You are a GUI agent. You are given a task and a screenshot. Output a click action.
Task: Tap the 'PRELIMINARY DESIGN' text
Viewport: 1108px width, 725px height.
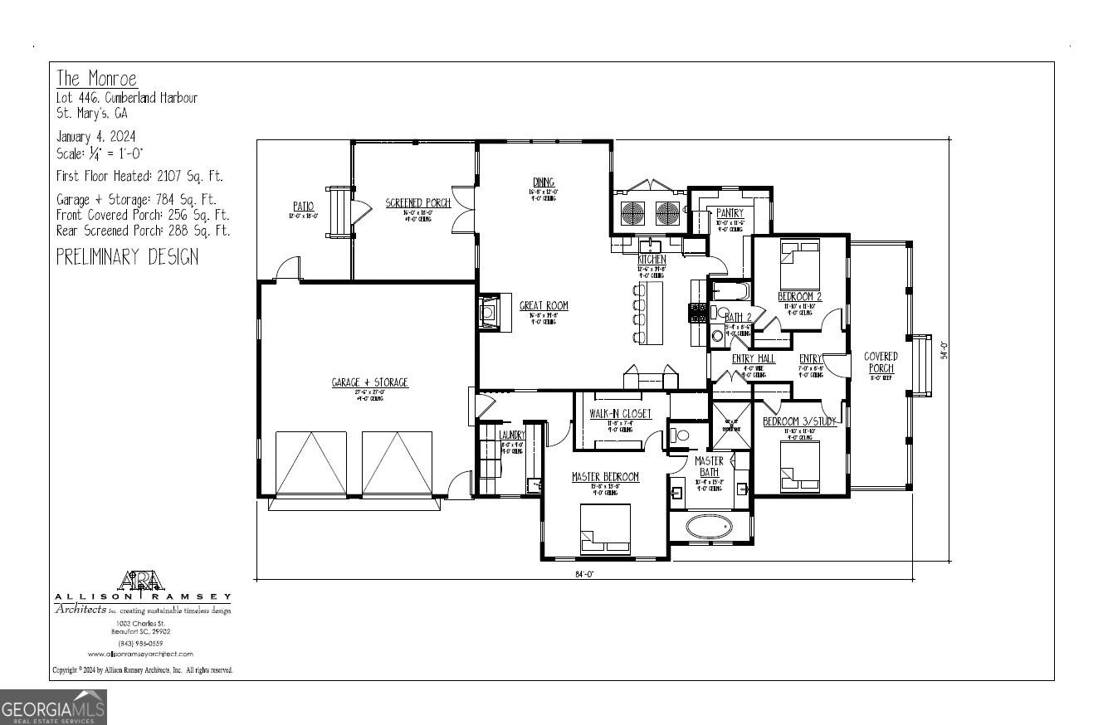point(127,256)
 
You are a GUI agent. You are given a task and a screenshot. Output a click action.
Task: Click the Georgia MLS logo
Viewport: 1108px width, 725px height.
point(53,708)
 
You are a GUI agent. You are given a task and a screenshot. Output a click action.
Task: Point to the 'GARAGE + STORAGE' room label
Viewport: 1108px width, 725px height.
point(369,382)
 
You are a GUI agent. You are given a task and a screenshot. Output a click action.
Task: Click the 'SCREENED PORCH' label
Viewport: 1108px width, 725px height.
point(417,203)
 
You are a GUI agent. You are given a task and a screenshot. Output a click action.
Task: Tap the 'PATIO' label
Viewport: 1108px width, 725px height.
point(303,206)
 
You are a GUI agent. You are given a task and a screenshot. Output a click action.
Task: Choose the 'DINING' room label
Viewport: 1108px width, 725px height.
point(544,182)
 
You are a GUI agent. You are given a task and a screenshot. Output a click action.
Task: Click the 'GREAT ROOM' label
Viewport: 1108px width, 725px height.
point(544,306)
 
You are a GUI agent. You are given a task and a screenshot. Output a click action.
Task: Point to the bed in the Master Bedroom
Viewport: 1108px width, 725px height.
point(604,528)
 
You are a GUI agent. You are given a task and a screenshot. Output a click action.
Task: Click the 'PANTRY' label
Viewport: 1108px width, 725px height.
point(730,213)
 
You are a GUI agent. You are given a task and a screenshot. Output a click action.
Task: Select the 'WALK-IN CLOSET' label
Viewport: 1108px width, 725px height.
point(620,414)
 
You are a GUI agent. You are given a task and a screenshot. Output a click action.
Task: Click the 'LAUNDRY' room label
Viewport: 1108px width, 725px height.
point(512,435)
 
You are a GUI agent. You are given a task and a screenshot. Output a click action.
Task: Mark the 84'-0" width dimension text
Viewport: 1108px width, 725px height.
point(583,573)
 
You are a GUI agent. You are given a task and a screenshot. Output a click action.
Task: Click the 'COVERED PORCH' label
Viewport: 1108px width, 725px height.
point(881,362)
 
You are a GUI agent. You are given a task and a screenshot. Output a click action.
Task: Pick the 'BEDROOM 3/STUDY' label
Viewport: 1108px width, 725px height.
point(799,421)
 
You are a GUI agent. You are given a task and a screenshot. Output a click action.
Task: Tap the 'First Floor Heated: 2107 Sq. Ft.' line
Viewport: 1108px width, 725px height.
point(139,176)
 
